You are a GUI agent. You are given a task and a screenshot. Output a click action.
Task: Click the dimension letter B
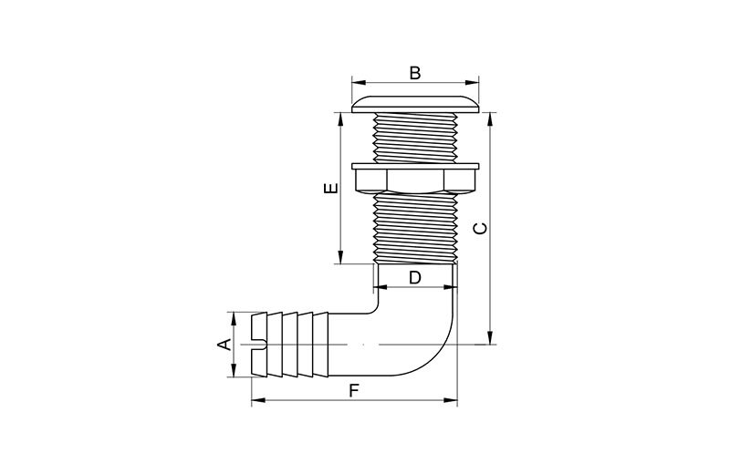415,73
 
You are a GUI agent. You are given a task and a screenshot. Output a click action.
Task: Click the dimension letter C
480,228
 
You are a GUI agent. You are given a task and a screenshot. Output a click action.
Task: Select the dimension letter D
415,277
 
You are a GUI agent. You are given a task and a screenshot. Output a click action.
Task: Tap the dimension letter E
330,188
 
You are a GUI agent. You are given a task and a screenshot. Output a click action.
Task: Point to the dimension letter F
354,390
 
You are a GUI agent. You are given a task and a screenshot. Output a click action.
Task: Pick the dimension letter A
224,345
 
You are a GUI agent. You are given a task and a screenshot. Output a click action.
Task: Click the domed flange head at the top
415,104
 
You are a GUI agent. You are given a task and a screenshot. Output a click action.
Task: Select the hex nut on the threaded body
415,180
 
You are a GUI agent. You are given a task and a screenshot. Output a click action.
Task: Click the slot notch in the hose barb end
259,345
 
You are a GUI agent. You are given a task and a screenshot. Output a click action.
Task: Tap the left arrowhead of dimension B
358,83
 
